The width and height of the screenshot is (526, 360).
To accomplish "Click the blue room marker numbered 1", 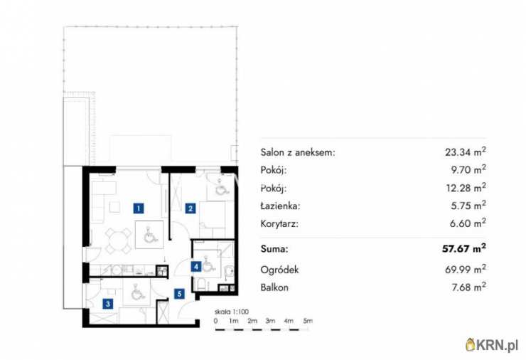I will click(x=139, y=208).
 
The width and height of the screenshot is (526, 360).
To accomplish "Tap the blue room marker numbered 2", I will click(x=190, y=208).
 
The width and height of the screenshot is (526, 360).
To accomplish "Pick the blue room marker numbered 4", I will click(x=195, y=267).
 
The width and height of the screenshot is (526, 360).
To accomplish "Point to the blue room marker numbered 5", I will click(x=181, y=292).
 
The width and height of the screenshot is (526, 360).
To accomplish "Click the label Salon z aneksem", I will click(x=299, y=152).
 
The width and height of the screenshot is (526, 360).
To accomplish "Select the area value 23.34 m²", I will click(x=465, y=152).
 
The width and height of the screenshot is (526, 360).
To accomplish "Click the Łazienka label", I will click(x=281, y=206).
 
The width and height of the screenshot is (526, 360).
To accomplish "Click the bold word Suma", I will click(x=275, y=250).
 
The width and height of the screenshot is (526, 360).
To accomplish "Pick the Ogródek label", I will click(x=279, y=270).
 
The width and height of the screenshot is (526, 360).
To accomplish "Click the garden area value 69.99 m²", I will click(x=465, y=269).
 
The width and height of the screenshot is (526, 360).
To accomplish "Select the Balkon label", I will click(x=276, y=287).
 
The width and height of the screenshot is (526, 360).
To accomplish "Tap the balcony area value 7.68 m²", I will click(x=468, y=287).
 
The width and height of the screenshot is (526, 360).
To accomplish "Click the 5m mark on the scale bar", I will click(x=308, y=322).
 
